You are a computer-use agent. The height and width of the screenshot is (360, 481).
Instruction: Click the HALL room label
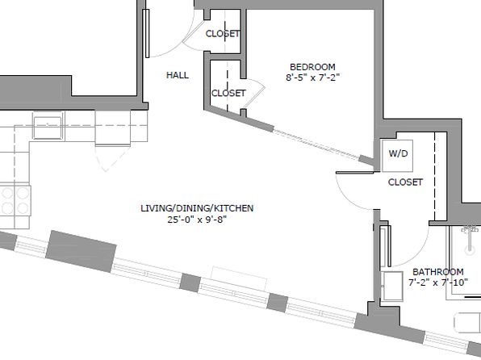click(x=178, y=75)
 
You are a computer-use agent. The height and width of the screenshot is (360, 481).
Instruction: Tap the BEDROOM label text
click(x=312, y=67)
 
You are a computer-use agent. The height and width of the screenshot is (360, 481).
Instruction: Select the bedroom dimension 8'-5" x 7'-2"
click(x=312, y=77)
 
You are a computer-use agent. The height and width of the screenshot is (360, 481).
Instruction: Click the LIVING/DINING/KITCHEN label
click(x=197, y=208)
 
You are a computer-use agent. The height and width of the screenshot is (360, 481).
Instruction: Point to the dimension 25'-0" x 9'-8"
click(x=197, y=220)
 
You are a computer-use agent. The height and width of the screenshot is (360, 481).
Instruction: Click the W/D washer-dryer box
click(x=397, y=156)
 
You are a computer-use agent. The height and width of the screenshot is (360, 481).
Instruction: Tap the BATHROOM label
click(x=437, y=271)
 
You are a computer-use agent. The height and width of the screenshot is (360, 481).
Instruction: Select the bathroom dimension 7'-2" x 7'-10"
click(x=437, y=282)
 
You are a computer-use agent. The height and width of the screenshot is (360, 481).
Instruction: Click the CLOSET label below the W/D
click(x=405, y=182)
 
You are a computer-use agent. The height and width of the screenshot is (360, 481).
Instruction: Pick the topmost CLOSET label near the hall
click(x=223, y=33)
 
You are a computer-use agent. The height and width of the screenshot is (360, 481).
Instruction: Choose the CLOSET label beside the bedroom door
click(x=228, y=93)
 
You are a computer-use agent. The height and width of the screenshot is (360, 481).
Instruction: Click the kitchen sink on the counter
click(x=48, y=126)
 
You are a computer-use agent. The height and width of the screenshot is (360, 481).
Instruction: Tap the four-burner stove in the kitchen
click(x=15, y=200)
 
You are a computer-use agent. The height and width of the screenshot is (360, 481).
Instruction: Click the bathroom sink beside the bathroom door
click(x=391, y=286)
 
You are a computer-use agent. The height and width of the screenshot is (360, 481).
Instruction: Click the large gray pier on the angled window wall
click(x=81, y=251)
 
